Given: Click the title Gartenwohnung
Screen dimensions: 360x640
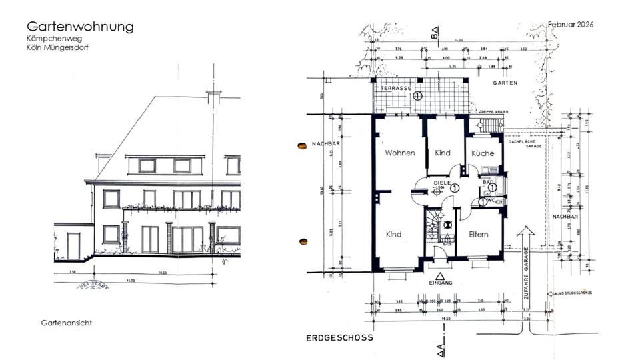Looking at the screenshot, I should (x=80, y=27).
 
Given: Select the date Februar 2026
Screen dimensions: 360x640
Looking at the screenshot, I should (x=571, y=24).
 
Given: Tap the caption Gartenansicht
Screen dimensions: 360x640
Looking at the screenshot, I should (x=66, y=323).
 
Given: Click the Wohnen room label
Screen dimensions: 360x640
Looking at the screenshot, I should (x=400, y=153).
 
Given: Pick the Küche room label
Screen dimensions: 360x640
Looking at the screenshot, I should (x=483, y=153).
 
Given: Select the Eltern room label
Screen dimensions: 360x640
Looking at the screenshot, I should (x=478, y=235).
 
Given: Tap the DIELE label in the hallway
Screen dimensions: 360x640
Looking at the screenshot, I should (x=442, y=181).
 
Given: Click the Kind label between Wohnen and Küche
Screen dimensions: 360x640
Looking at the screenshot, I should (x=443, y=153).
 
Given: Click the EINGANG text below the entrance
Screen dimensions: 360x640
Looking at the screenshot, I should (x=440, y=283).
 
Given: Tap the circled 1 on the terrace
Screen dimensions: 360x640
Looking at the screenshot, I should (x=418, y=96).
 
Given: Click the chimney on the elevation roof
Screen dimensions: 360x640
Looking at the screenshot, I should (x=213, y=97).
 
